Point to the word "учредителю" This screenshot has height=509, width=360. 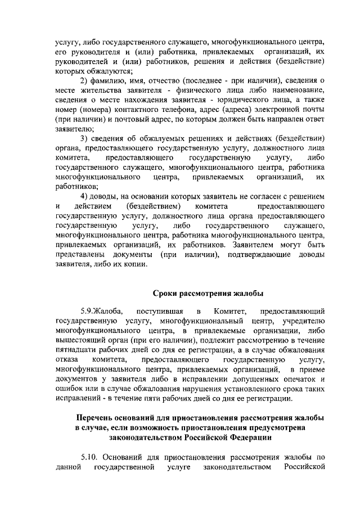(303, 322)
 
